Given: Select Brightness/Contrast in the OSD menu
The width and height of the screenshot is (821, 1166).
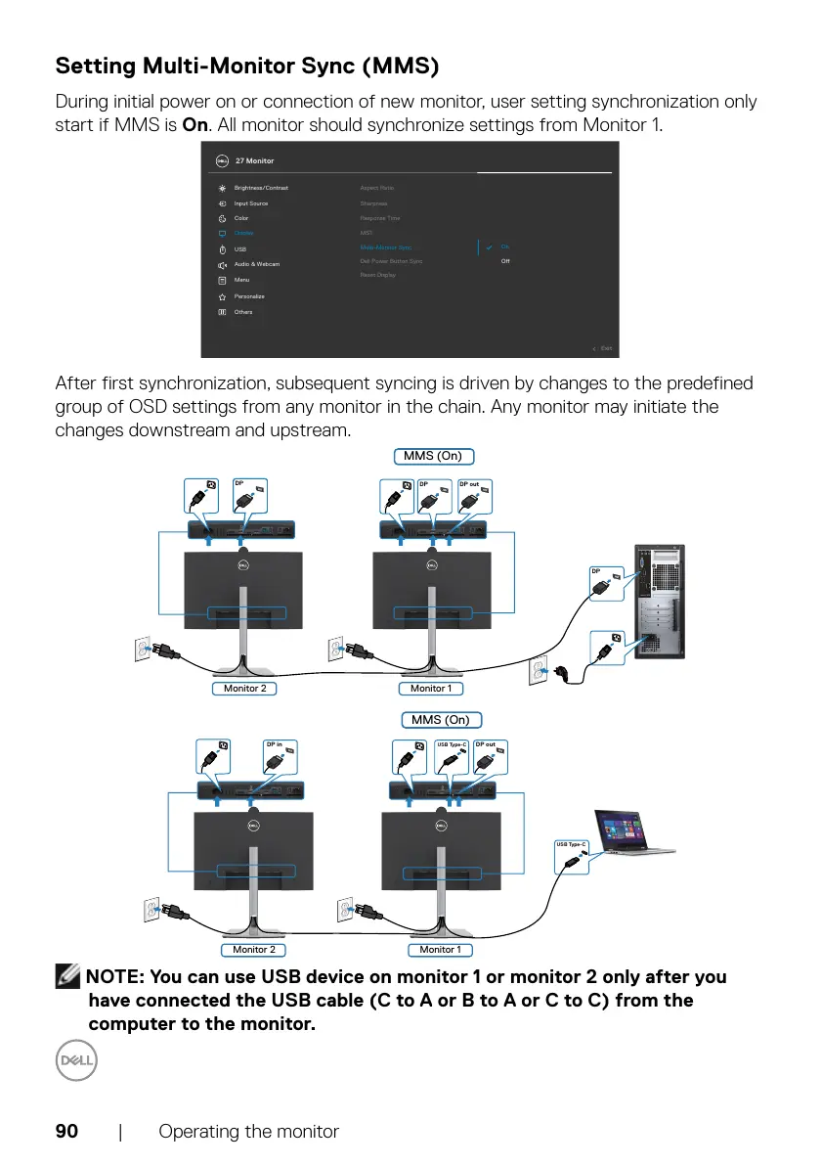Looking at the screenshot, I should tap(261, 188).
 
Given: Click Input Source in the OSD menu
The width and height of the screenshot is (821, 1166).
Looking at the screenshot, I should tap(251, 203).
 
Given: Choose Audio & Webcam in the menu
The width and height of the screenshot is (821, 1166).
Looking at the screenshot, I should tap(257, 264).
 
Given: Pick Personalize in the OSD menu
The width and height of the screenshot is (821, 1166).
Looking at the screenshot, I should tap(249, 296).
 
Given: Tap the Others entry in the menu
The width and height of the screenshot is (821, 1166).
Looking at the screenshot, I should tap(243, 312).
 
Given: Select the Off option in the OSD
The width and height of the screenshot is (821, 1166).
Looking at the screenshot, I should tap(505, 261).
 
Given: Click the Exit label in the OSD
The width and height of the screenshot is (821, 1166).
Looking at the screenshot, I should tap(606, 348).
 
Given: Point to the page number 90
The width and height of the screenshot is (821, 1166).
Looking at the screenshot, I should tap(66, 1132).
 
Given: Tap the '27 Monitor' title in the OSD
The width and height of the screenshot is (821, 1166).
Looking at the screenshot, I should tap(255, 160).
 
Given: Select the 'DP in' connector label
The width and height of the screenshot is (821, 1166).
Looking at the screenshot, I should tap(274, 745).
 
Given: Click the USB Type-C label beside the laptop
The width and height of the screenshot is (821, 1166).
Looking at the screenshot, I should tap(571, 844).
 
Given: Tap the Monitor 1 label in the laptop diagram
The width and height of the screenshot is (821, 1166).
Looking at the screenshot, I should tap(440, 949).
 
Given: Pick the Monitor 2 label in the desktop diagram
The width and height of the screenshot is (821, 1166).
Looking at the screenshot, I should tap(244, 688).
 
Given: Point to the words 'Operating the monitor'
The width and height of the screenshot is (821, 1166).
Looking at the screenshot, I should tap(248, 1132).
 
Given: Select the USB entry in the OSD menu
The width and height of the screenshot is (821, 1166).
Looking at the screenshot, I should tap(240, 249).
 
